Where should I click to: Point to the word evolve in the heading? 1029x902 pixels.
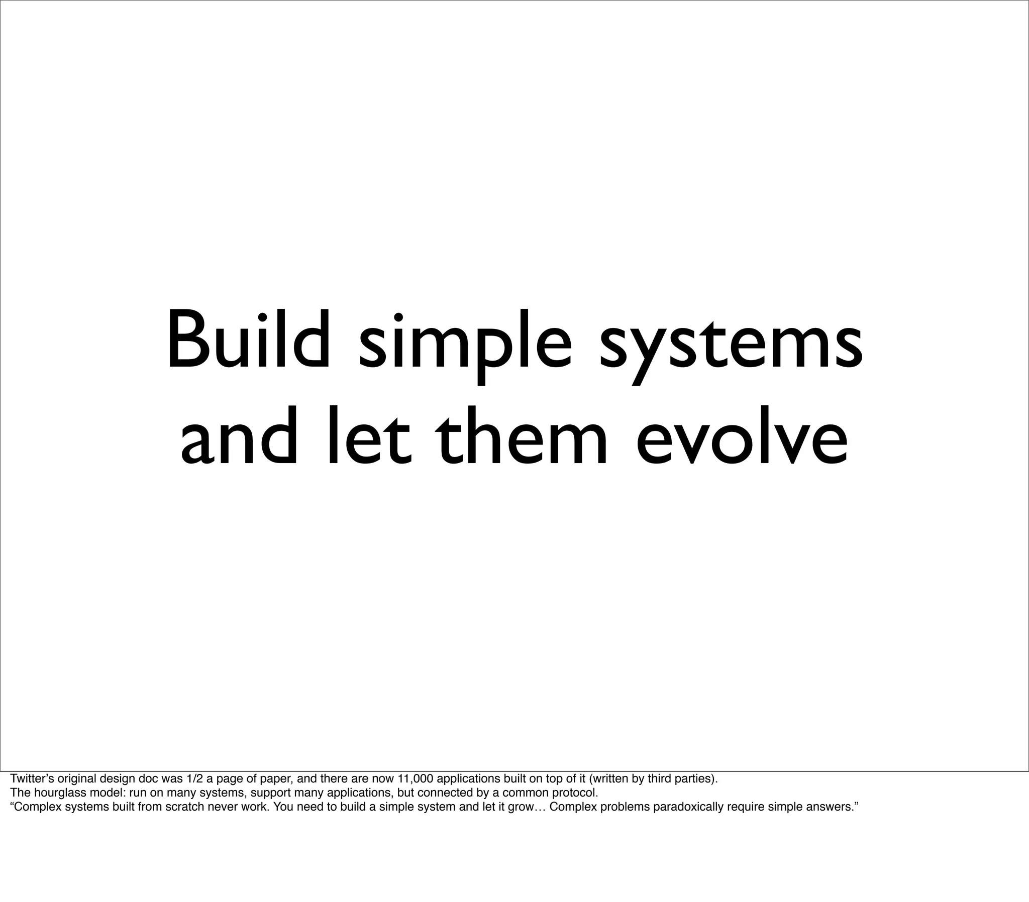point(742,437)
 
